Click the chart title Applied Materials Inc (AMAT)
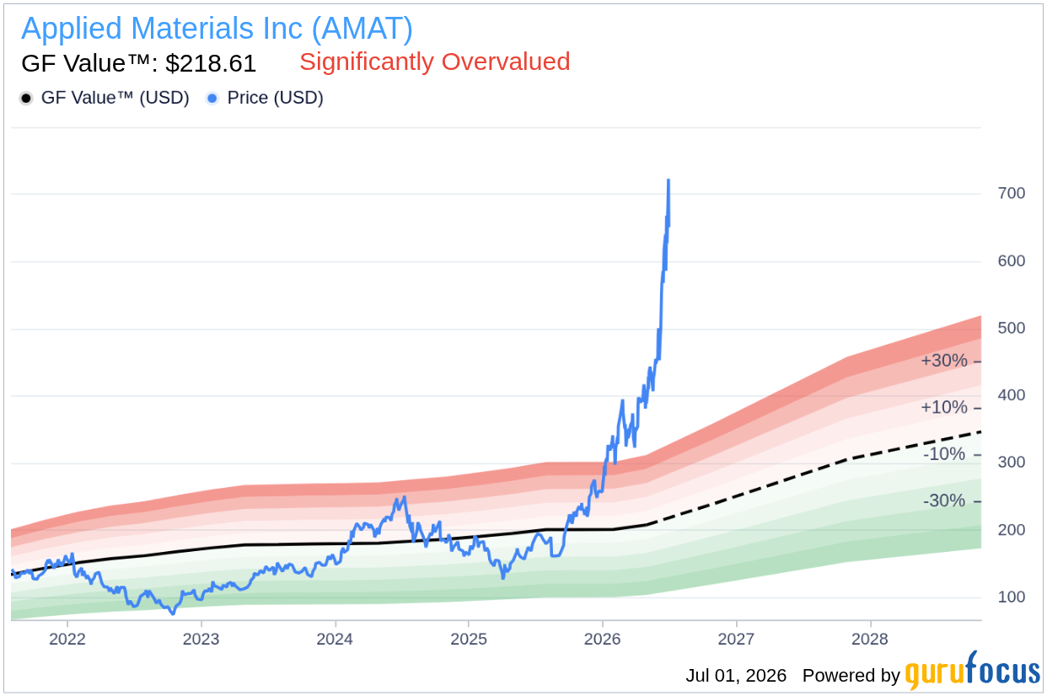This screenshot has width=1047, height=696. click(x=217, y=29)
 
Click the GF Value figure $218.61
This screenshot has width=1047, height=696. click(x=211, y=63)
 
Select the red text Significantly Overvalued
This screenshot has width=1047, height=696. click(x=435, y=62)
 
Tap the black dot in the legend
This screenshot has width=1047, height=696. click(x=26, y=99)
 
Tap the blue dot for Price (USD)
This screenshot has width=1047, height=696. click(x=212, y=99)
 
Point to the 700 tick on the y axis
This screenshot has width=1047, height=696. click(x=1011, y=193)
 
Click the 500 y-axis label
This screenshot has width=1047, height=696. click(x=1011, y=328)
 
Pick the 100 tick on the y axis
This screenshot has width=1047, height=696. click(x=1011, y=597)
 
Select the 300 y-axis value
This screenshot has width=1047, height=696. click(x=1011, y=462)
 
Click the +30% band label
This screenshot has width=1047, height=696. click(x=943, y=361)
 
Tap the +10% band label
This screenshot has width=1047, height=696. click(x=943, y=407)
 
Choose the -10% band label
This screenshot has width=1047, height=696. click(x=944, y=454)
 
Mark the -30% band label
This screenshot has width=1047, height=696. click(x=944, y=501)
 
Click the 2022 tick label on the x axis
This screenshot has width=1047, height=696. click(x=67, y=639)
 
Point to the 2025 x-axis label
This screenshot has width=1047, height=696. click(x=469, y=639)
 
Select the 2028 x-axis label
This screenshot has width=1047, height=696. click(x=869, y=639)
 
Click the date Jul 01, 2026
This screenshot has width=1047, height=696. click(x=736, y=676)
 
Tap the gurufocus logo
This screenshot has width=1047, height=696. click(x=973, y=672)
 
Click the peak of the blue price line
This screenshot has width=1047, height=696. click(x=668, y=179)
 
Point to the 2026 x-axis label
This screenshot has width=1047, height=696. click(x=602, y=639)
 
